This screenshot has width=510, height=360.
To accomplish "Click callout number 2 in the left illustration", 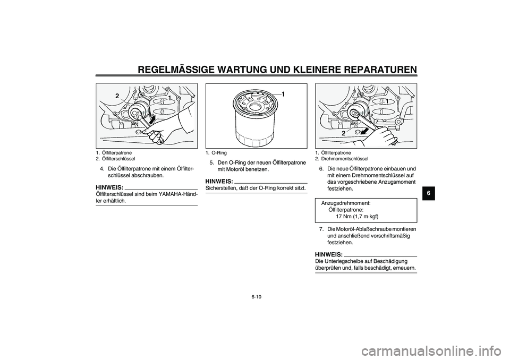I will tap(114, 96).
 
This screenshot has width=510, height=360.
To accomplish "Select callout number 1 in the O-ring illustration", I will tap(283, 94).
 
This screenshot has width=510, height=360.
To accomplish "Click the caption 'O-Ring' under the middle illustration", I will tap(219, 153).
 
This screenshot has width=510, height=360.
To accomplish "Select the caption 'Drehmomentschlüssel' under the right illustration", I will tap(345, 159).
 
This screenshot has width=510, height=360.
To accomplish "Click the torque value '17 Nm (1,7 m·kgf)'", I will tap(357, 216).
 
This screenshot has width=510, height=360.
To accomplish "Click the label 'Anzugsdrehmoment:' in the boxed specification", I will tap(346, 203).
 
